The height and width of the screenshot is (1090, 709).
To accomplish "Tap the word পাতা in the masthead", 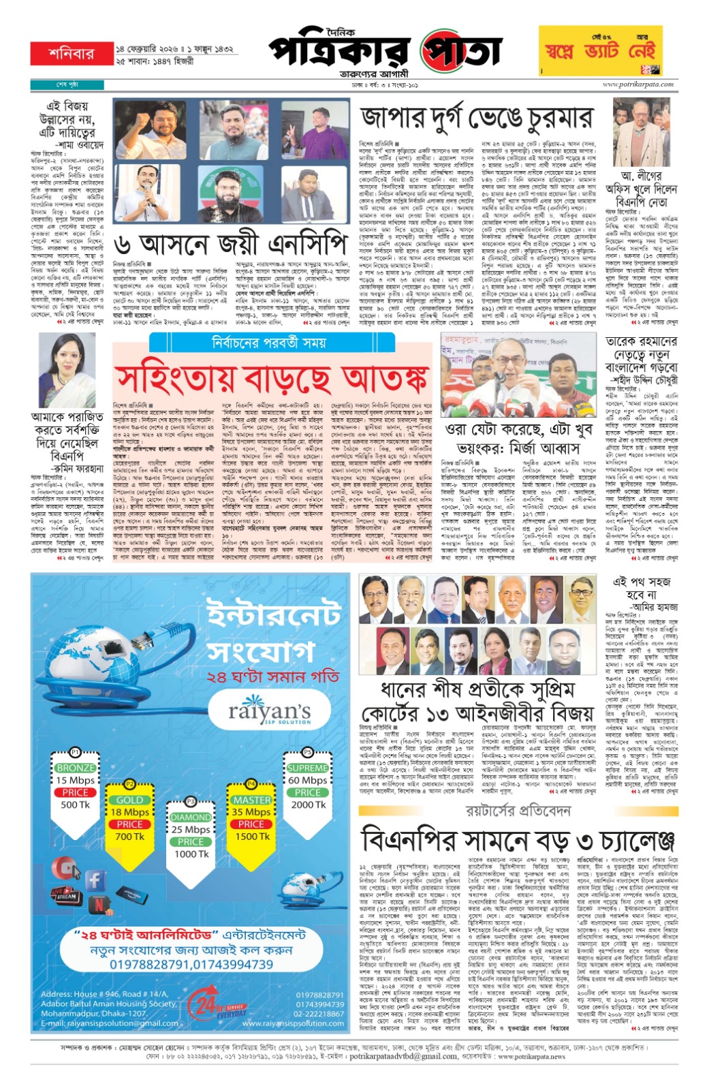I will click(x=460, y=52).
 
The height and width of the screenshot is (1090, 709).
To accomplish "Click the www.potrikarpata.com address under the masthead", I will click(x=637, y=84).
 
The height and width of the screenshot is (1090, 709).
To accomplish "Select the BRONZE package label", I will click(x=76, y=768).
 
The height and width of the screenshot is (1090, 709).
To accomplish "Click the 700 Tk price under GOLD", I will click(x=129, y=837).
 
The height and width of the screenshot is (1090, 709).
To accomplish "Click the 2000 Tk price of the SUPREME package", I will click(x=308, y=805).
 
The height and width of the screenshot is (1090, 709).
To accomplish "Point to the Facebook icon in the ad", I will click(x=94, y=880).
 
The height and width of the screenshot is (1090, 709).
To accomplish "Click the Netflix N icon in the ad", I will click(x=99, y=905).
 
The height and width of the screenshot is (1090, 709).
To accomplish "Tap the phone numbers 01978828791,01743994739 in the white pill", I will click(x=191, y=965).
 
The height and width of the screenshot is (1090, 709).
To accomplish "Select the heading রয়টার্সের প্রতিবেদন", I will click(x=518, y=811).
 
